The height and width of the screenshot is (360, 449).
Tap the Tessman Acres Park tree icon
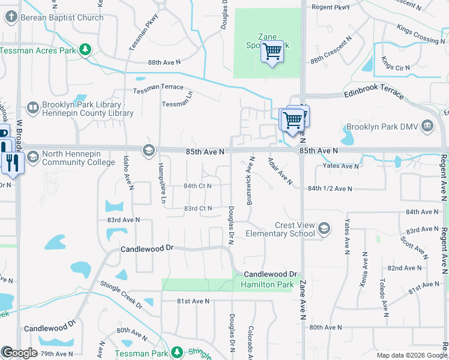[x=86, y=50]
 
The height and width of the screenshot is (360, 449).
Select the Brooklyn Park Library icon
[x=33, y=109]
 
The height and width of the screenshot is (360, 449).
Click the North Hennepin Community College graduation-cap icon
[x=32, y=157]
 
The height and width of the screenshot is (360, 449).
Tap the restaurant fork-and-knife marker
[x=12, y=162]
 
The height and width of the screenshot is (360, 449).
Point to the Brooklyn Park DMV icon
[x=427, y=126]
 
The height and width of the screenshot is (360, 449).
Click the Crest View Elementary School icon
[x=324, y=229]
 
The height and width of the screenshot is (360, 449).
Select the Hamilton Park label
[x=268, y=284]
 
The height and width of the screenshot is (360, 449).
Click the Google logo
[x=19, y=353]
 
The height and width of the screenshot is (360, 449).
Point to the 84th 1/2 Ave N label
[x=330, y=188]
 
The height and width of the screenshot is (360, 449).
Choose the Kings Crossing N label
[x=421, y=34]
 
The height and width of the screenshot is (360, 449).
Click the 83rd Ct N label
[x=198, y=208]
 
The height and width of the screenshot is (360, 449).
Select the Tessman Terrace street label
[x=158, y=87]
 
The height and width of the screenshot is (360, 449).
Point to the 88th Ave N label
[x=164, y=62]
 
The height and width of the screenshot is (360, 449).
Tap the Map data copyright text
[x=412, y=355]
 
